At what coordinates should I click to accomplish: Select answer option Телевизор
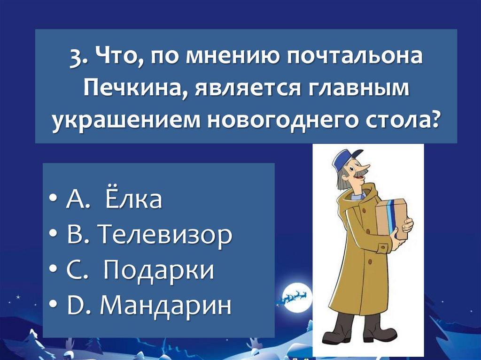coord(165,235)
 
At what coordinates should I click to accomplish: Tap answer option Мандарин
coord(166,305)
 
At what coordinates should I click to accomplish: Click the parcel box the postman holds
coord(391,218)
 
